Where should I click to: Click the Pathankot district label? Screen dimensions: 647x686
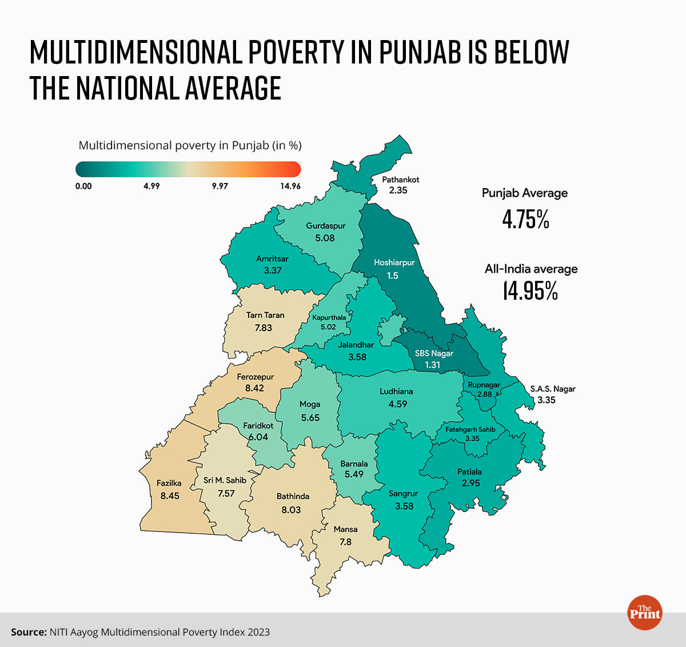400,180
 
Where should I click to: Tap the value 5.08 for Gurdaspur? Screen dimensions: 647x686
325,238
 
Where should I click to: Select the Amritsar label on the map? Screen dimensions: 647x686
272,259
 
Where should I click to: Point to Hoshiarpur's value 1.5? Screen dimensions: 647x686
393,276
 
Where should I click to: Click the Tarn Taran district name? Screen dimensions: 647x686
265,315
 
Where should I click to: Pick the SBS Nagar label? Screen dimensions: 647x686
434,354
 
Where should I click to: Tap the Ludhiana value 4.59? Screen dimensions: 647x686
397,404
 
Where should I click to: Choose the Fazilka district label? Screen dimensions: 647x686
169,483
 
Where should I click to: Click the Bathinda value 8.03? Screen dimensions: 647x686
291,510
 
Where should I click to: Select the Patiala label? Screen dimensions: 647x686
469,472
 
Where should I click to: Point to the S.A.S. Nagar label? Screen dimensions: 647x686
553,389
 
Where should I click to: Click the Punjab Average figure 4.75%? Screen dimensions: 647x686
525,220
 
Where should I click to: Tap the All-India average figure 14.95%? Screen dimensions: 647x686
530,291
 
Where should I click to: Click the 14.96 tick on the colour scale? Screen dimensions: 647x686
290,186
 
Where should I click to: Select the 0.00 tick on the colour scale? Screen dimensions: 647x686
83,186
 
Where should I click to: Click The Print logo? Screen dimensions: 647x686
644,613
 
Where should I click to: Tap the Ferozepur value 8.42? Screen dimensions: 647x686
254,388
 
